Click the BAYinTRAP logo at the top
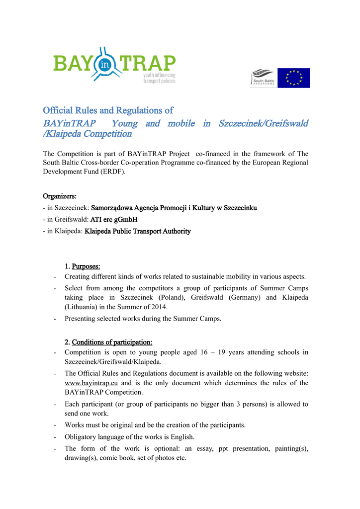114,66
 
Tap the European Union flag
293,78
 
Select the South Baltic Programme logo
263,78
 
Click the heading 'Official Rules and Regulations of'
108,110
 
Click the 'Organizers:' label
60,196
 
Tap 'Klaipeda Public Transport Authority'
138,231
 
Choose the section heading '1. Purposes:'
83,267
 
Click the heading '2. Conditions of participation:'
108,342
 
